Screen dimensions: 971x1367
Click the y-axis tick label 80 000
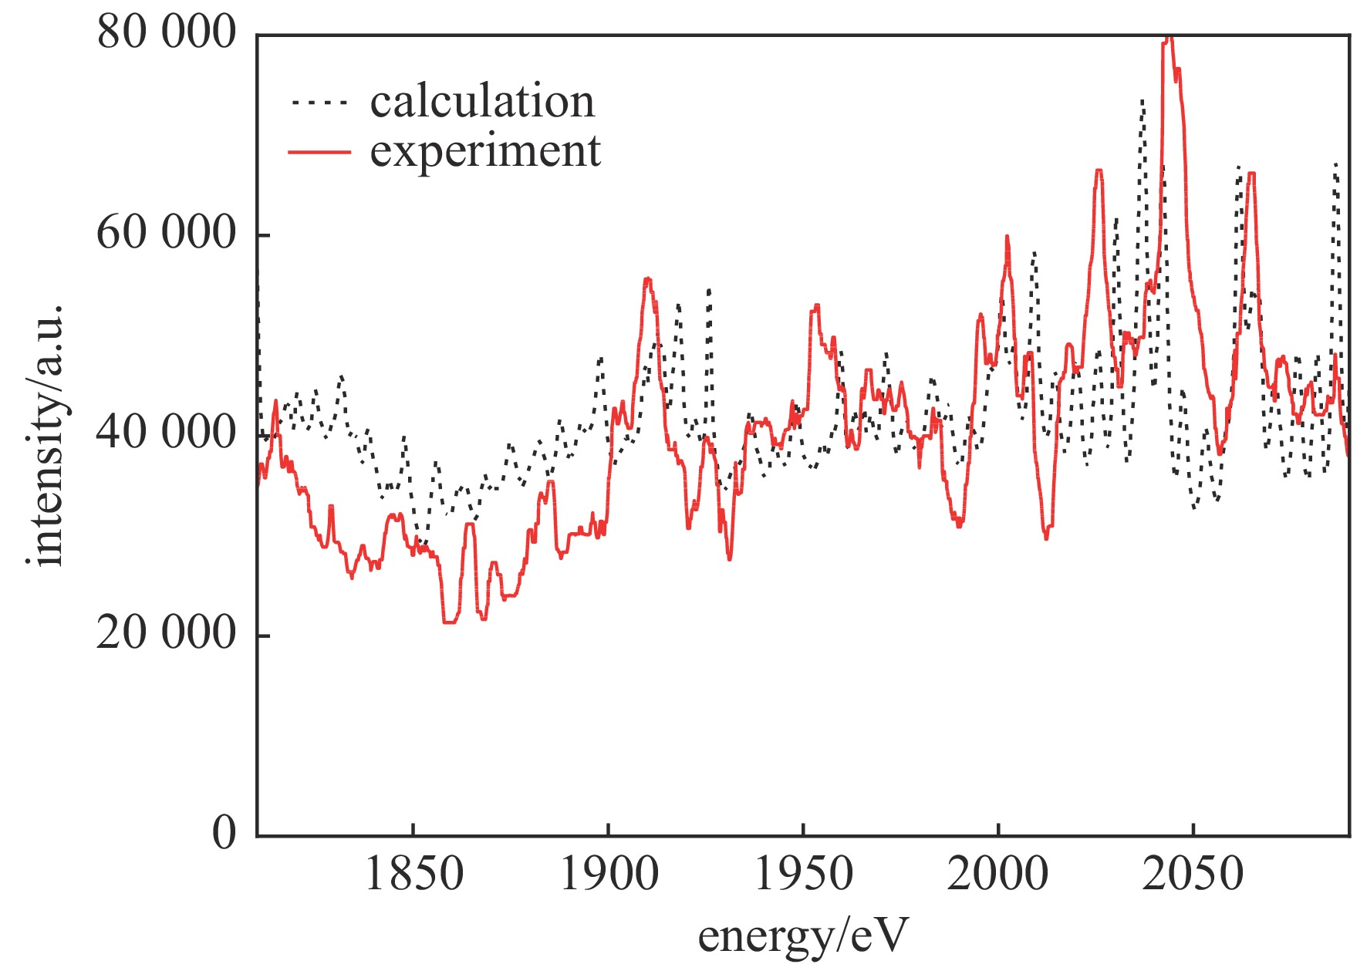point(165,34)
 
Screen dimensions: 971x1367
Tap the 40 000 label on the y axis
point(165,433)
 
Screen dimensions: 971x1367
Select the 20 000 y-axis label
point(165,634)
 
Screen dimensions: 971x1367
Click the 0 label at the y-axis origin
point(224,834)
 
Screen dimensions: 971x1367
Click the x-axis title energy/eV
point(803,936)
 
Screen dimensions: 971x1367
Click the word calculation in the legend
point(482,102)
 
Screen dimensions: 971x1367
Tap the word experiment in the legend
point(485,151)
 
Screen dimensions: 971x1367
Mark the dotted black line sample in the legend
point(319,102)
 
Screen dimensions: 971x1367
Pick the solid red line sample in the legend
point(319,152)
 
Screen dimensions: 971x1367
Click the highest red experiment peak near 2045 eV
point(1169,39)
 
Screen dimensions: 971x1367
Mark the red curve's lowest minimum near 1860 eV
point(449,622)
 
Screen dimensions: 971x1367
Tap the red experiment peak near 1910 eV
point(647,279)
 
